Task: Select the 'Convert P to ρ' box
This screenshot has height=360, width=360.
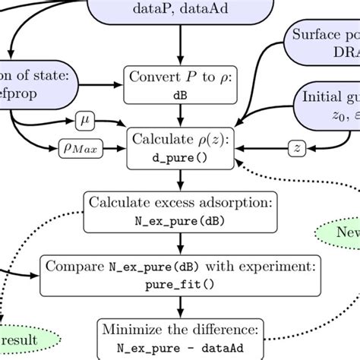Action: click(179, 86)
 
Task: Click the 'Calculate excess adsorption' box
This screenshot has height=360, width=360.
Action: click(179, 211)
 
